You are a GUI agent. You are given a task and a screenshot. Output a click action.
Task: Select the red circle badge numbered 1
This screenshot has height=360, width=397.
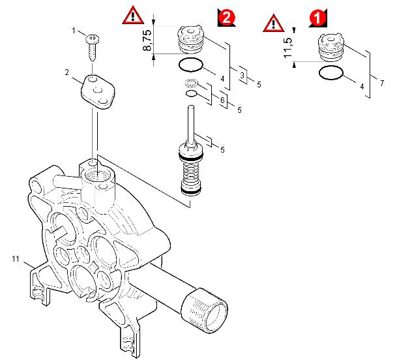pyautogui.click(x=317, y=18)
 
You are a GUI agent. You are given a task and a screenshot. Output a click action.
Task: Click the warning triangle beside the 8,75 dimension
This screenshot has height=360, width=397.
pyautogui.click(x=133, y=15)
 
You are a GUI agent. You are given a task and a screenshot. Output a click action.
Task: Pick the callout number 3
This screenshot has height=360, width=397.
pyautogui.click(x=242, y=76)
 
